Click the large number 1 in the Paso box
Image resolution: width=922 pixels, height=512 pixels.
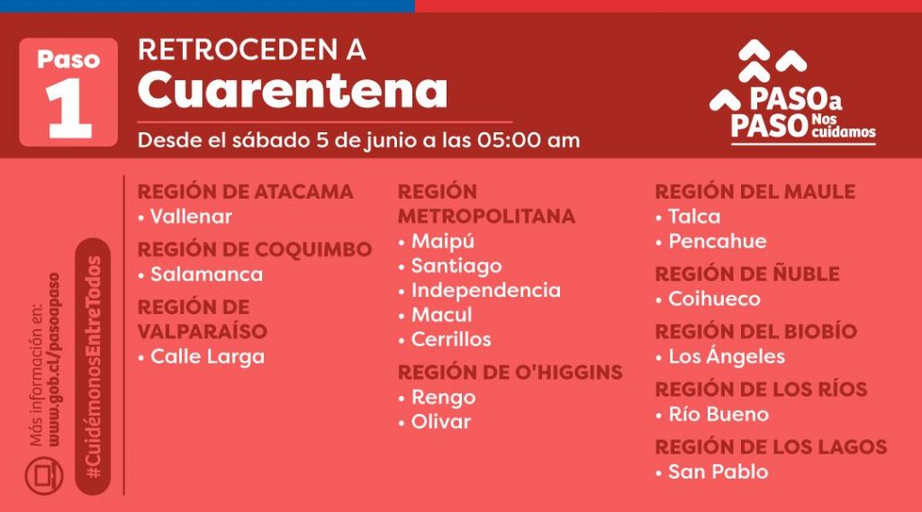[68, 108]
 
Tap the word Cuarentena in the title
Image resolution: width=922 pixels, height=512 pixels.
[293, 90]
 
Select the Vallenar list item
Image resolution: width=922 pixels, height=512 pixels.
[191, 216]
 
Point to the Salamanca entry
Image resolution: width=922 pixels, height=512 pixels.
[206, 274]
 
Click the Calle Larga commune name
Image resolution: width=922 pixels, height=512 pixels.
[208, 357]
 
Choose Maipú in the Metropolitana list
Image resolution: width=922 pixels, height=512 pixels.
[443, 241]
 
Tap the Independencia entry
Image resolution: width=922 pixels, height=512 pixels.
[485, 291]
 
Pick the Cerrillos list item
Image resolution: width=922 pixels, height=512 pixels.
[451, 339]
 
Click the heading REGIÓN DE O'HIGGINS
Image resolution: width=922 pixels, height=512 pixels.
[510, 373]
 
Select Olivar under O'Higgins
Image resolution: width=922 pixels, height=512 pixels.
[441, 421]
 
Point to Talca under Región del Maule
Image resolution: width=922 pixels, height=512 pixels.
[694, 216]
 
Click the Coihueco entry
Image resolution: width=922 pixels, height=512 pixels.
[714, 299]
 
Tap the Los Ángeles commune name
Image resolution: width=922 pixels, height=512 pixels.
[727, 355]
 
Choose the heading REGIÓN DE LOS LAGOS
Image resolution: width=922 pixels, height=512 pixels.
[771, 446]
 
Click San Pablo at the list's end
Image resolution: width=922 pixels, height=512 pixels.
[719, 472]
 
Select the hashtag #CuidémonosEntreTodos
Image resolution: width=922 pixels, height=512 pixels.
[93, 367]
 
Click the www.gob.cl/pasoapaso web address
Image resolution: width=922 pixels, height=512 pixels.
[55, 359]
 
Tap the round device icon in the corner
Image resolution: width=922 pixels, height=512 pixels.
[44, 475]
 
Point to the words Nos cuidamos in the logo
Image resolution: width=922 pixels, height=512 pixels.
[843, 126]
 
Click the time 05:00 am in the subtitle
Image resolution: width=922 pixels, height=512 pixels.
[528, 140]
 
